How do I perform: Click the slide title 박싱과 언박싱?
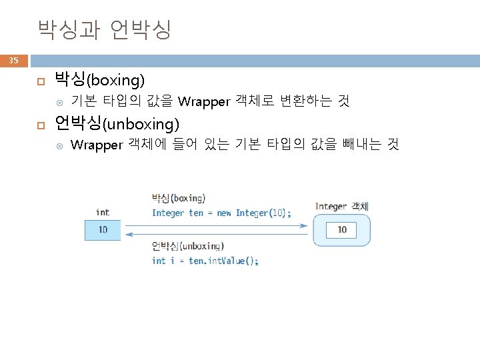[105, 29]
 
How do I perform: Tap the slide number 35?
[13, 61]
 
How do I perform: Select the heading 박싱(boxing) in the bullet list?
[99, 81]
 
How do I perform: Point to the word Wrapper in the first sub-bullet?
[204, 102]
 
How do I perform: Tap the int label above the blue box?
[103, 213]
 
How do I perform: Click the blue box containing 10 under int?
[103, 230]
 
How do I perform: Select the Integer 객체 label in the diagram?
[341, 207]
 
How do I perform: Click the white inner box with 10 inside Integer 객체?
[341, 230]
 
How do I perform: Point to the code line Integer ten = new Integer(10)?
[221, 213]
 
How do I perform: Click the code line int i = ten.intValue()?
[205, 261]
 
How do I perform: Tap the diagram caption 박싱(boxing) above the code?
[179, 198]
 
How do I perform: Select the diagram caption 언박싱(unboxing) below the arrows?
[187, 246]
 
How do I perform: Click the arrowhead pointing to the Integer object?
[306, 225]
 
